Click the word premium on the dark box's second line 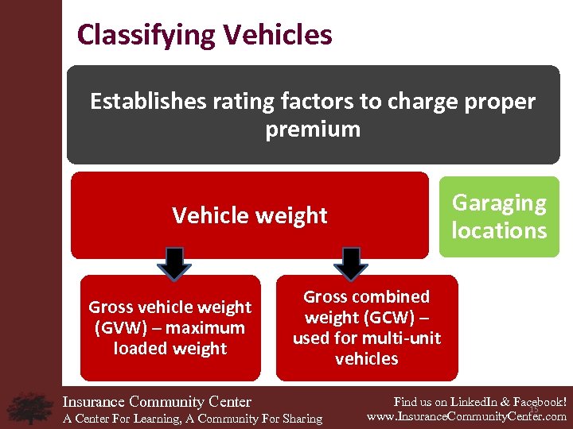pos(313,129)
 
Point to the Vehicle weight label pos(250,215)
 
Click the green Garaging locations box pos(499,216)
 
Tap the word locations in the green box pos(499,230)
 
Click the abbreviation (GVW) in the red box pos(117,328)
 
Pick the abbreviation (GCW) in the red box pos(407,318)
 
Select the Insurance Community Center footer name pos(157,402)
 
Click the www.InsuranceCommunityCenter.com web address pos(466,416)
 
